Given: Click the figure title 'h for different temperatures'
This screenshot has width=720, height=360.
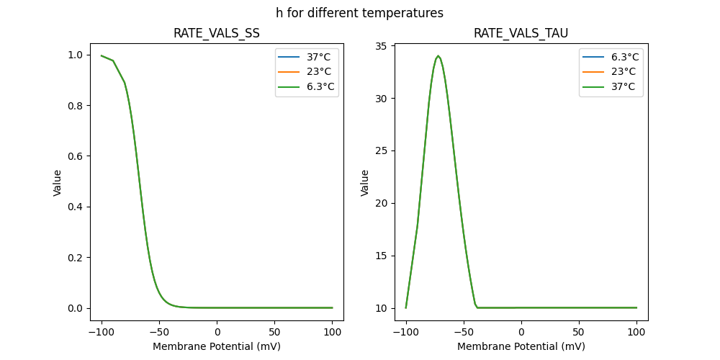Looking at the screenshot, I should pos(359,13).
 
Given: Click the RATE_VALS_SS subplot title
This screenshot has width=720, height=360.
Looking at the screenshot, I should pos(217,33).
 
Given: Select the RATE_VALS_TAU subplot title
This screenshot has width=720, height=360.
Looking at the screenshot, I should pos(521,33).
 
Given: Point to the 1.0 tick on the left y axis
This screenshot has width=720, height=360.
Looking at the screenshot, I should pos(74,55).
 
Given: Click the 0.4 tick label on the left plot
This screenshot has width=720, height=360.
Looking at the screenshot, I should pos(74,207).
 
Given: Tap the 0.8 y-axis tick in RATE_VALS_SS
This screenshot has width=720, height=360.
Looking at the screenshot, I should pos(74,106).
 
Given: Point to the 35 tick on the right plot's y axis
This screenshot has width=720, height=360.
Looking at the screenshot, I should pos(382,47).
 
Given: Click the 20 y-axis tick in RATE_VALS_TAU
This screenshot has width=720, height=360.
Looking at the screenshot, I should pos(382,203).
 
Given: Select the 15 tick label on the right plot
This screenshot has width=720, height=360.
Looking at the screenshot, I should pos(382,256).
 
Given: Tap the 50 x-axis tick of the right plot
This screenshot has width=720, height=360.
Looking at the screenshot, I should pos(579,332).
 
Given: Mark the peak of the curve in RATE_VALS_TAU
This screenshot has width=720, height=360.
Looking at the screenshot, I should pos(438,55).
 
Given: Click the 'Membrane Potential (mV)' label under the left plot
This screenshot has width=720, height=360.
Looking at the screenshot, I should pos(217,346).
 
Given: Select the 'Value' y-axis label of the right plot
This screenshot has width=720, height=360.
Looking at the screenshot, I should pos(365,183).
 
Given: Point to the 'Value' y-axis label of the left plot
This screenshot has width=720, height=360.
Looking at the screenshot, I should pos(58,183).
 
